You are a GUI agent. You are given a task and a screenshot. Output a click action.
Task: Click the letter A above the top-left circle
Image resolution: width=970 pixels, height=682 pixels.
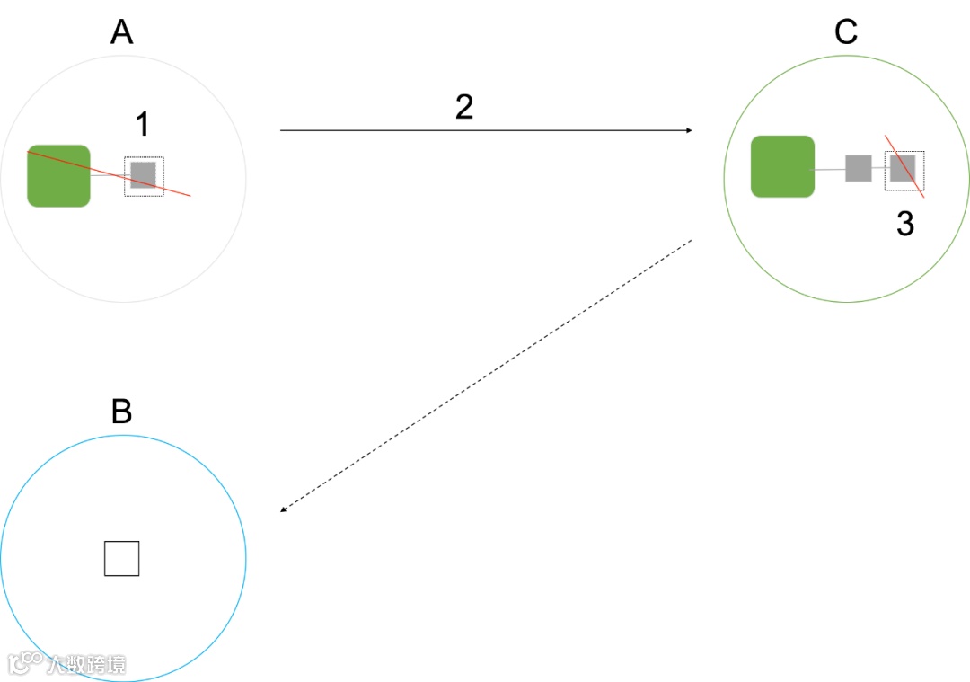(x=121, y=32)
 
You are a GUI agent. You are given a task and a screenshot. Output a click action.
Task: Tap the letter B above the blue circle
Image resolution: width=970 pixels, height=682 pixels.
(x=121, y=412)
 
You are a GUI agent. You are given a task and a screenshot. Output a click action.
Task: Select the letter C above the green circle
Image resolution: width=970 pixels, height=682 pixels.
(x=846, y=32)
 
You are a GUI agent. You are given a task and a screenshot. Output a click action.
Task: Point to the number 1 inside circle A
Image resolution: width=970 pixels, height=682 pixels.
(x=141, y=125)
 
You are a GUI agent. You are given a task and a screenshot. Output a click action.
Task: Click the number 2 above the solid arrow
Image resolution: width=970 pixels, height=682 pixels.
(x=463, y=108)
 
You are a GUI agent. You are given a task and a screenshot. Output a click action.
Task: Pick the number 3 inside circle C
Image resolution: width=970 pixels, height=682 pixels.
(x=904, y=224)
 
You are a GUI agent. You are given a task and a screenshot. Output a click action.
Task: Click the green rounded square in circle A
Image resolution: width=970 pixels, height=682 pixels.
(x=58, y=175)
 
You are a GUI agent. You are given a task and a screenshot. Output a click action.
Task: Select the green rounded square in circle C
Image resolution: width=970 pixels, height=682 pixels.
(x=782, y=166)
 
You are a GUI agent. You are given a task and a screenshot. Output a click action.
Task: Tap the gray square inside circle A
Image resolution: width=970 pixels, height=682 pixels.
(x=143, y=175)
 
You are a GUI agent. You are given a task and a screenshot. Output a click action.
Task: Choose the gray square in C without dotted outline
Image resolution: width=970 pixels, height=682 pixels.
(x=858, y=168)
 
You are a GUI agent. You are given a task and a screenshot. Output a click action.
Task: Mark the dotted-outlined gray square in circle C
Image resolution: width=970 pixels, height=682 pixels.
(x=903, y=169)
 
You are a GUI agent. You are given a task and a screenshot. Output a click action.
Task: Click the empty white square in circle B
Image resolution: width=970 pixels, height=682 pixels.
(x=121, y=558)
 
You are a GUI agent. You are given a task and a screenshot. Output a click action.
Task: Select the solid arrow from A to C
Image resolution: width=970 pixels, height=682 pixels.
(x=485, y=130)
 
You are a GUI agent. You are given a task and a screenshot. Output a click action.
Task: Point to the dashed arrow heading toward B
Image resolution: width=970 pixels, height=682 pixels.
(x=485, y=376)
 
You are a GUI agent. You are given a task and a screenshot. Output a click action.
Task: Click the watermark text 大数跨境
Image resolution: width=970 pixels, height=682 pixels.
(x=86, y=664)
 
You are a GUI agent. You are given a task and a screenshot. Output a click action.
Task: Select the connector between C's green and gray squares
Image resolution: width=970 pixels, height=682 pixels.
(x=829, y=169)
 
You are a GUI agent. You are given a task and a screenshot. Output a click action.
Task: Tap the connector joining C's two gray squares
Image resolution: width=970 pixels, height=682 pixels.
(x=878, y=169)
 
